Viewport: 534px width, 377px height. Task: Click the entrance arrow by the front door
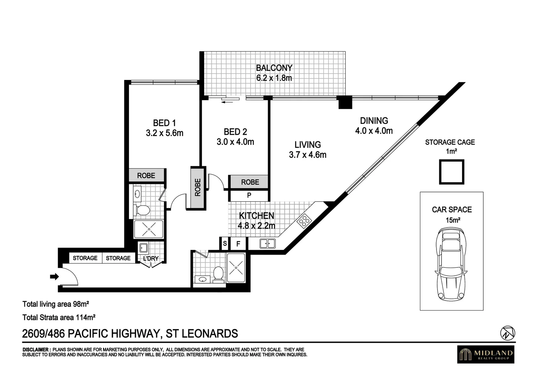point(54,277)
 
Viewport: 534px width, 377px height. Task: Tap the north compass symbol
point(508,333)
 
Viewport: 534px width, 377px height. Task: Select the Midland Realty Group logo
point(486,354)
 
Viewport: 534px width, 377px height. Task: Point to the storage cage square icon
point(452,172)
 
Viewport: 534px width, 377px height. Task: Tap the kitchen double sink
point(268,243)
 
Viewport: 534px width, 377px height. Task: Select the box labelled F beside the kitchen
point(238,244)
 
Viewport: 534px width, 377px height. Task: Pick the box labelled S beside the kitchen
point(225,243)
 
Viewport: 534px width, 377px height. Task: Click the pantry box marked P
point(249,195)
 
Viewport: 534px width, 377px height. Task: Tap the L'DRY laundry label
point(151,259)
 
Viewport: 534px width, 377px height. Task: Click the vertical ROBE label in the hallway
point(198,187)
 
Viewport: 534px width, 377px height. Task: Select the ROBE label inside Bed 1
point(146,176)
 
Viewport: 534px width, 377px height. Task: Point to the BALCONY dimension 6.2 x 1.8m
point(274,78)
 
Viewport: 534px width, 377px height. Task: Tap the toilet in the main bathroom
point(218,273)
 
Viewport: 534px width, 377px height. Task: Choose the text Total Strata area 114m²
point(59,318)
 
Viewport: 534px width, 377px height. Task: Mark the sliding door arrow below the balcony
point(228,102)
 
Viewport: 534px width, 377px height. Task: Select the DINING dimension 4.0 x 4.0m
point(374,131)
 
